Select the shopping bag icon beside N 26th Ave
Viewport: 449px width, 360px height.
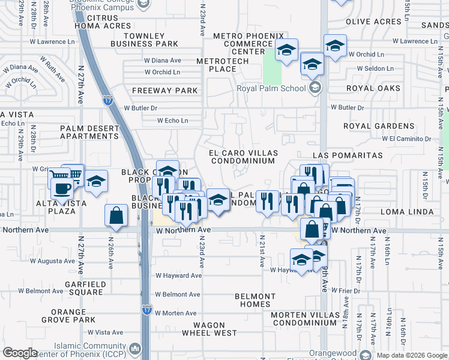116,215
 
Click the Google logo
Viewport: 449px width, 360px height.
20,353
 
